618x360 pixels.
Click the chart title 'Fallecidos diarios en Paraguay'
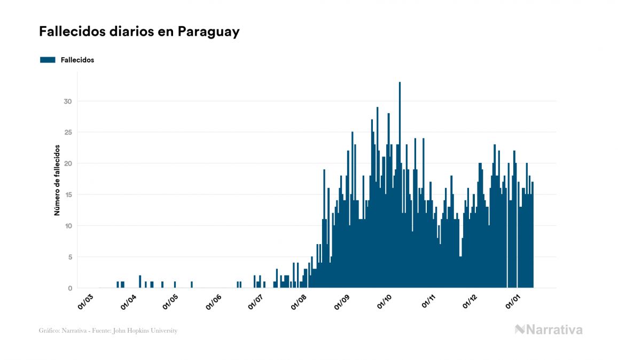click(139, 32)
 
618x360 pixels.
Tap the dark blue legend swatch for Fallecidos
click(48, 60)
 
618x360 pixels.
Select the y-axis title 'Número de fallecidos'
click(57, 180)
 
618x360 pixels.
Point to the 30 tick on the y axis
click(67, 101)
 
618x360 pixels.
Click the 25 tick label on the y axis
click(67, 132)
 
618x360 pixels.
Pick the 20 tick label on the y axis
click(67, 163)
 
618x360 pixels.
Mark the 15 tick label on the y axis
click(67, 195)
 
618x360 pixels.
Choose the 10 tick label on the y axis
click(67, 226)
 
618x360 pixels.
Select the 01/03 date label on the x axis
click(86, 301)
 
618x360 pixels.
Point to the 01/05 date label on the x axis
click(171, 301)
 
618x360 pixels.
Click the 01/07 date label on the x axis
click(256, 301)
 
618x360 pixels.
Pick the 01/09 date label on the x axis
click(342, 301)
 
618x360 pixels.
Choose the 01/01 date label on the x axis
click(513, 301)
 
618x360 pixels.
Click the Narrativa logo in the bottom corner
click(549, 330)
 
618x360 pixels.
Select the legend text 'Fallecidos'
click(77, 60)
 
